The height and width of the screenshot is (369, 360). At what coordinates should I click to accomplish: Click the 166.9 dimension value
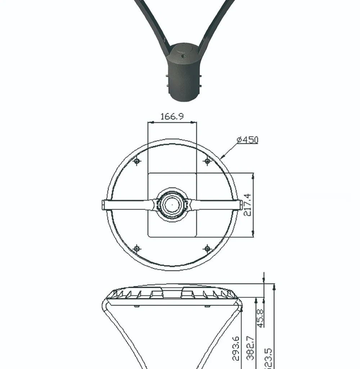172,116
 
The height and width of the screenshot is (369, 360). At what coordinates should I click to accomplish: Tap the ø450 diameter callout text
247,140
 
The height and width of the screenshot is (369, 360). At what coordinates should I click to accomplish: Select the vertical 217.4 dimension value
247,204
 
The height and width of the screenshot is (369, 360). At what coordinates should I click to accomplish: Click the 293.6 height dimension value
235,348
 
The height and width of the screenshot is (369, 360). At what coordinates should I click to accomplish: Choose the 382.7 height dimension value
251,348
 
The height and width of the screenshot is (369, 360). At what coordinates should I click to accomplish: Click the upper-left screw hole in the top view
137,161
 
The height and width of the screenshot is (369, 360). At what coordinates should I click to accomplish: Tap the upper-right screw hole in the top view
207,161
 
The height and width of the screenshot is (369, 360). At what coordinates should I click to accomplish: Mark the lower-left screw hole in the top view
137,248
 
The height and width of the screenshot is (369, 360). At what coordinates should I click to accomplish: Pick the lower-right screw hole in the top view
207,248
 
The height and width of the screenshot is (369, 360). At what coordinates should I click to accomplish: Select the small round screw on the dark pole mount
183,56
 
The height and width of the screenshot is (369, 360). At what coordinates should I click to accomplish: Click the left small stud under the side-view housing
136,306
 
